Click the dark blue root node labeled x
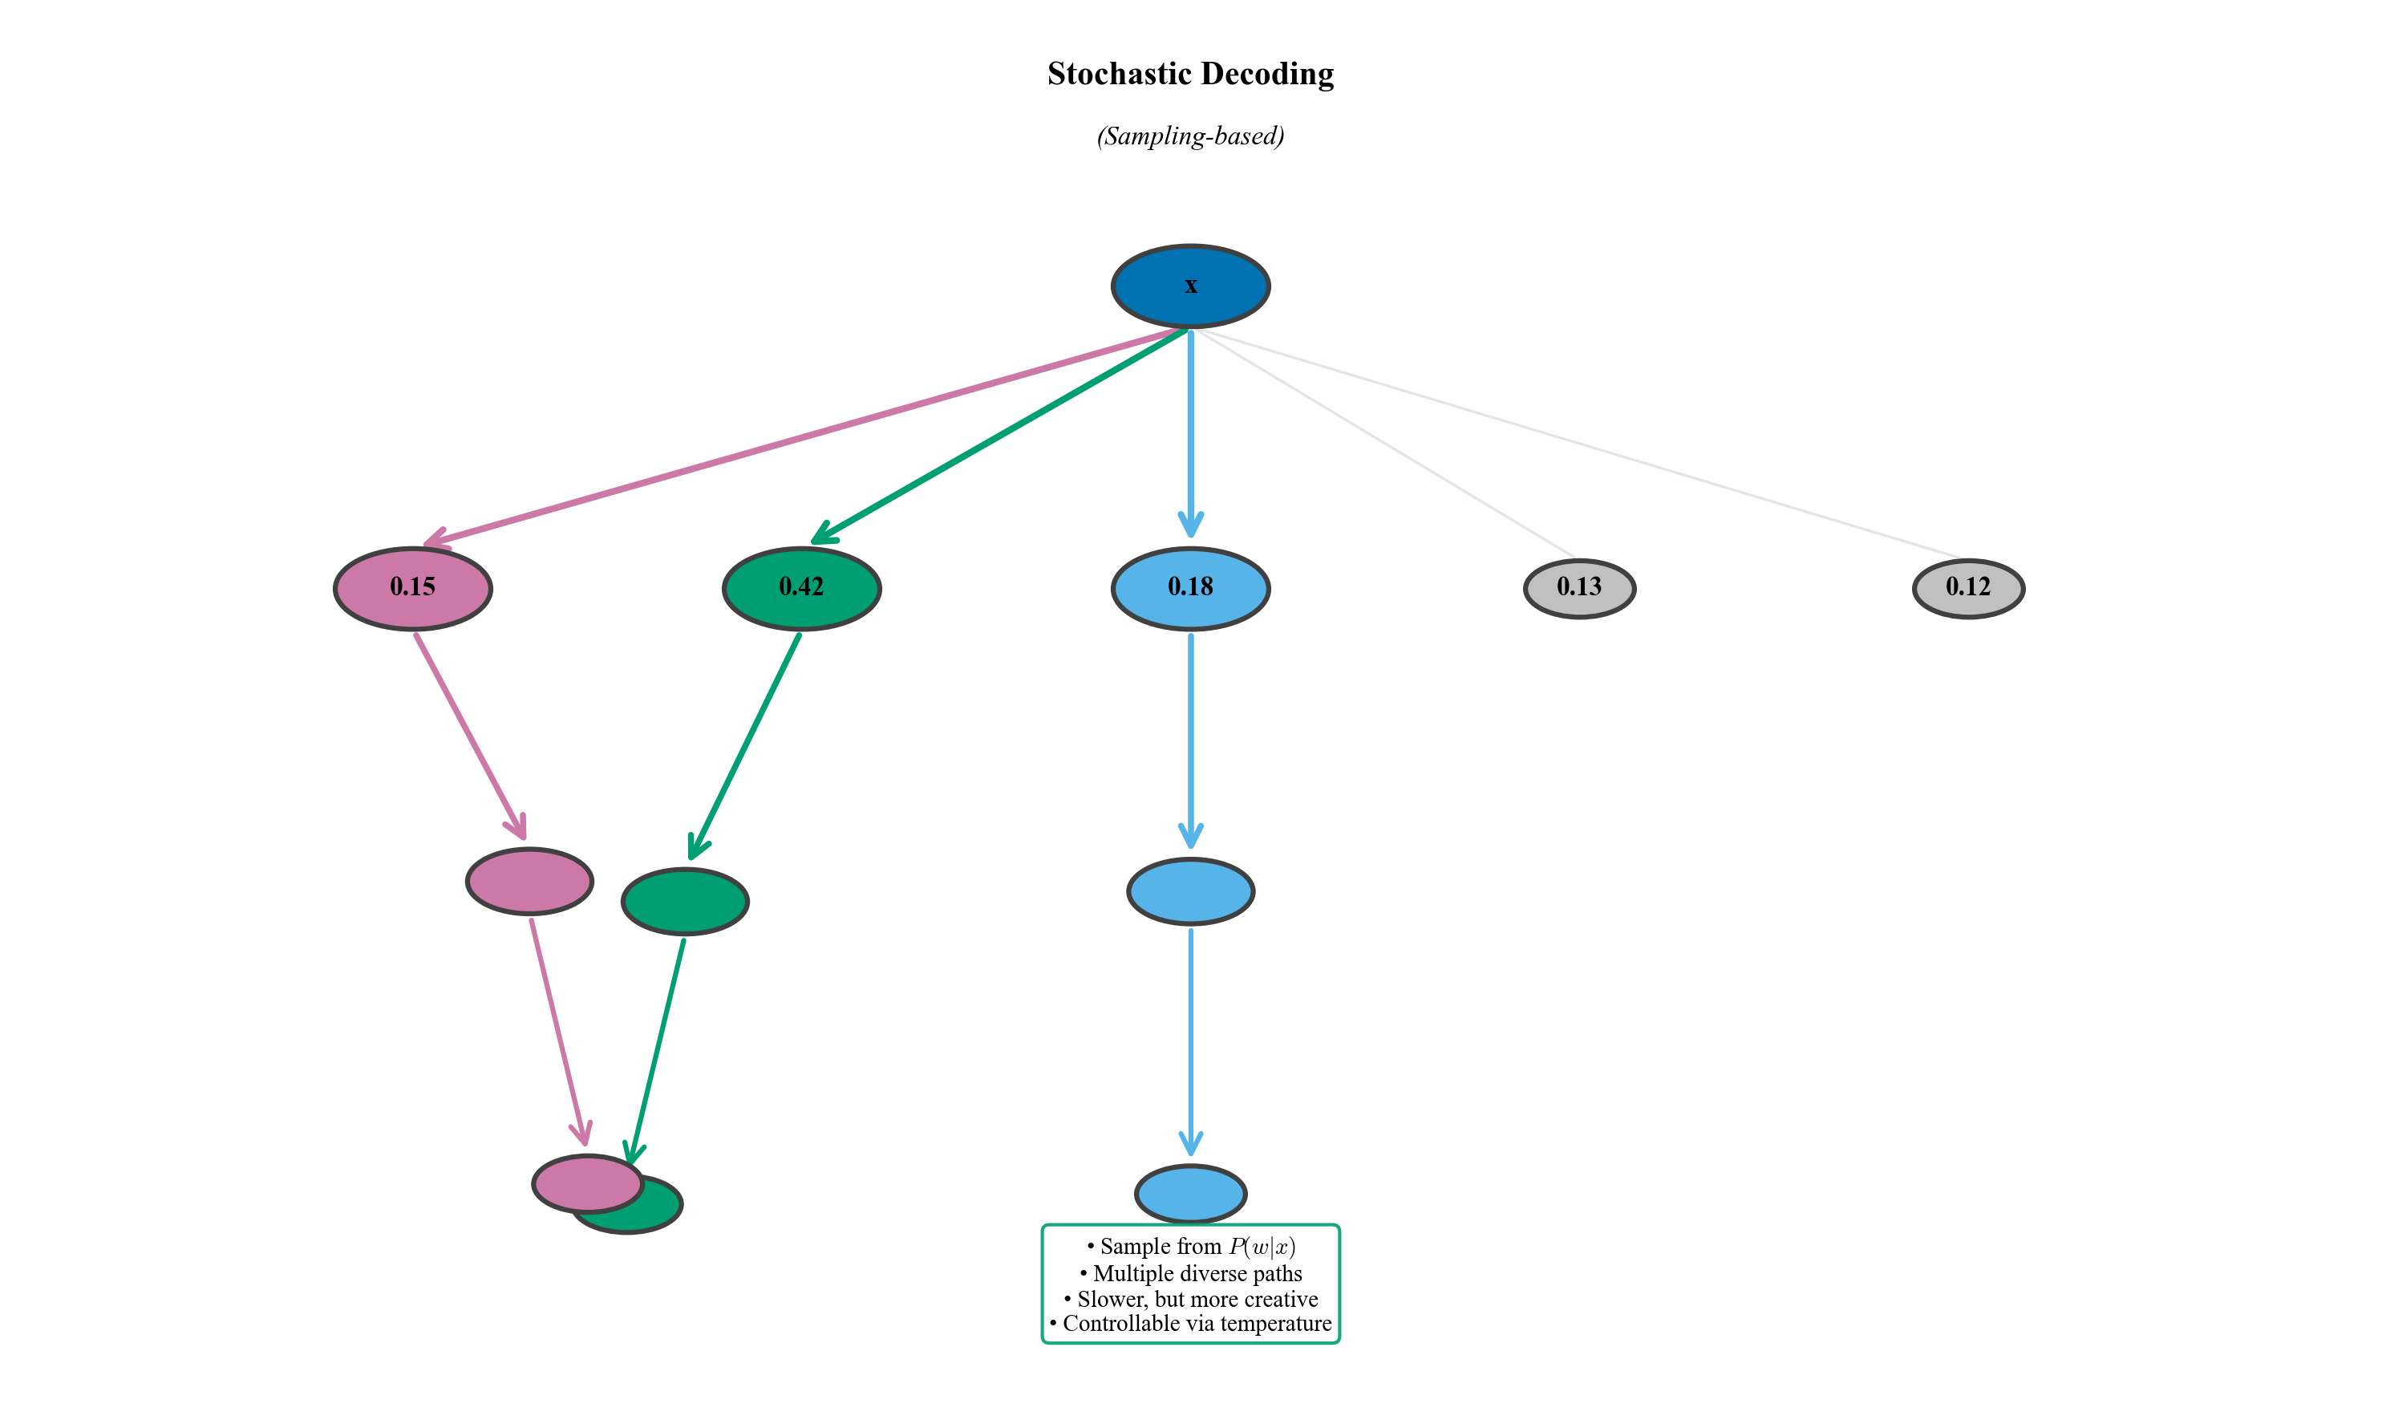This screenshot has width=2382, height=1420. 1190,286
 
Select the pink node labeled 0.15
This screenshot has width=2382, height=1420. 412,587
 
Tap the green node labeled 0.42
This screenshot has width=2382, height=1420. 800,587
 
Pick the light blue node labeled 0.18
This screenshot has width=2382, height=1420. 1190,587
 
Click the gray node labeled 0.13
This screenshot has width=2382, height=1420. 1578,587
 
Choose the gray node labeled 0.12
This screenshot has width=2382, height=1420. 1968,587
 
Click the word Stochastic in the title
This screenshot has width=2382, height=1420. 1118,74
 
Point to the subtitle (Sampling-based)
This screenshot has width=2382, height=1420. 1190,136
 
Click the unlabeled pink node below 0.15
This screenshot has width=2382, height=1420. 529,880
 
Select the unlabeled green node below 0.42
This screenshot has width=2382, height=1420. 685,902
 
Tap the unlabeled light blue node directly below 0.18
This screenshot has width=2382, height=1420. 1190,891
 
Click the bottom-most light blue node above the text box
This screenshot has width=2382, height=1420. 1190,1192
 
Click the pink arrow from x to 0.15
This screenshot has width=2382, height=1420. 804,436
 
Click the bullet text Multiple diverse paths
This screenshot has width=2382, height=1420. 1197,1274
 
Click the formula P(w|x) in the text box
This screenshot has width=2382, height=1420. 1262,1246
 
